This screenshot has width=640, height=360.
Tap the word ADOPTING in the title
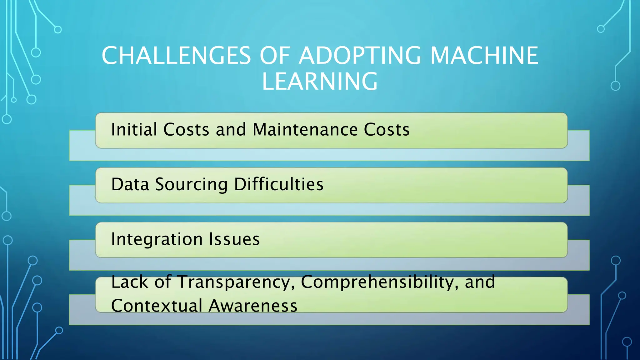[360, 56]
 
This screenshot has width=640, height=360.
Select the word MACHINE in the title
[484, 56]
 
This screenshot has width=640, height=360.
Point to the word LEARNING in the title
[320, 82]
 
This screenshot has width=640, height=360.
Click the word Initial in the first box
[134, 129]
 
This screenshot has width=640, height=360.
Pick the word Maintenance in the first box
[305, 129]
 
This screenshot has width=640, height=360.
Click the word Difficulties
[279, 184]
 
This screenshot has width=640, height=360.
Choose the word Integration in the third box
[157, 239]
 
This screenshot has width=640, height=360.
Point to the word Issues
[234, 239]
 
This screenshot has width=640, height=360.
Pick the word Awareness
[253, 306]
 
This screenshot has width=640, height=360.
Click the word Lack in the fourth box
[130, 282]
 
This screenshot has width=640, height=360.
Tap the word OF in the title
[275, 56]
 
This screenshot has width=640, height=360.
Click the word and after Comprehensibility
[480, 282]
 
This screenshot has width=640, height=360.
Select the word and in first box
[231, 129]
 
